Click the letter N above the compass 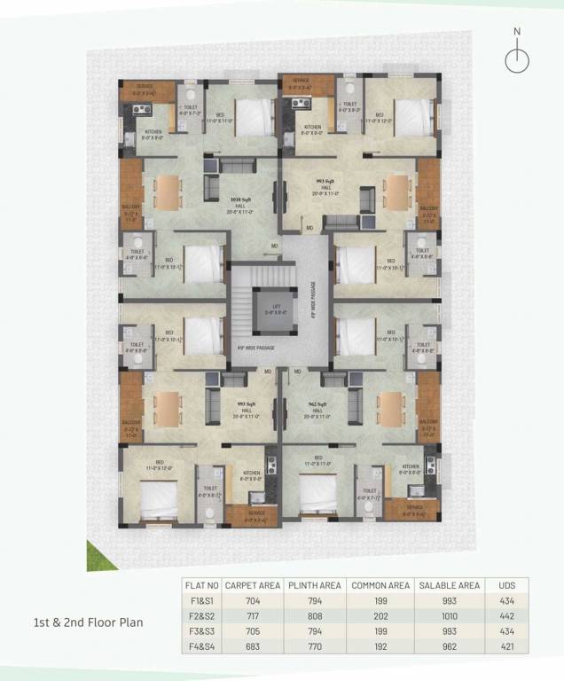518,32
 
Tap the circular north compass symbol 517,59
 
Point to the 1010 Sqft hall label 239,200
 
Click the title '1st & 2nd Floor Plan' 82,622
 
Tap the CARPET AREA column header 253,585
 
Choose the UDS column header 506,585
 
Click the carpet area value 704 253,600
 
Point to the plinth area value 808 316,615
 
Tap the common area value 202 380,615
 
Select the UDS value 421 506,646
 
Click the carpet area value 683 253,646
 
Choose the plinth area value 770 316,646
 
